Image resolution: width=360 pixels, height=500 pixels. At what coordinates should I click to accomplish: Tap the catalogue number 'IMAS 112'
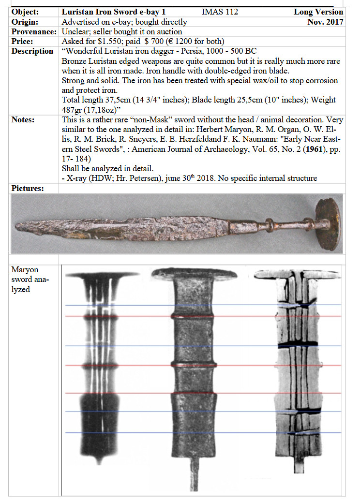(220, 12)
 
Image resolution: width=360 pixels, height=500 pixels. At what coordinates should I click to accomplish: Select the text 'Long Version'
(318, 12)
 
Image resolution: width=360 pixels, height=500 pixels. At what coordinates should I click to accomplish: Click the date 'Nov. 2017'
(325, 22)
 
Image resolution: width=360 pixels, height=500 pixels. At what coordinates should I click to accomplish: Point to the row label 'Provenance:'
(33, 31)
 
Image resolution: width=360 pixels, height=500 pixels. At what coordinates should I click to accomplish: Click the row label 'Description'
(32, 51)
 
